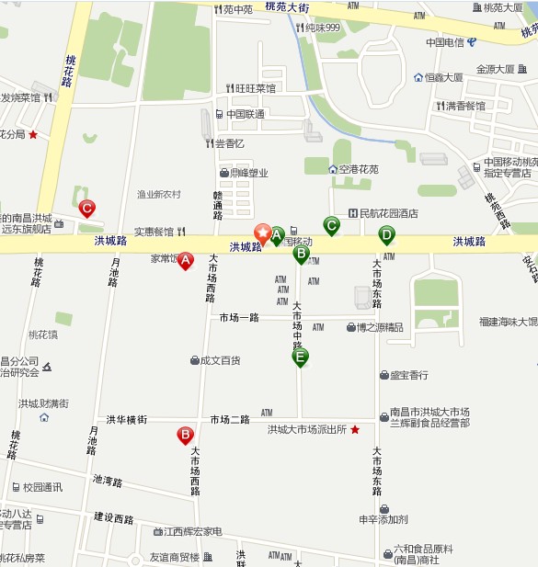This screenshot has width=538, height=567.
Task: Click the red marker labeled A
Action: click(x=185, y=260)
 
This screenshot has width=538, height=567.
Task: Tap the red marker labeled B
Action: click(x=185, y=435)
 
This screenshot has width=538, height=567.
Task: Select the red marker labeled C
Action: click(x=86, y=209)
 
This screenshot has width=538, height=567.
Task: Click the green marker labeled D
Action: click(x=386, y=234)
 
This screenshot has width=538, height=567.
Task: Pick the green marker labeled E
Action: click(x=300, y=357)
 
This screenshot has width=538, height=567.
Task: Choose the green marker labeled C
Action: click(x=331, y=224)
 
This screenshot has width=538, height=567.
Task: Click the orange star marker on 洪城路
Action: click(x=262, y=232)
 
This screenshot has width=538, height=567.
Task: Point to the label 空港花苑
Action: click(x=358, y=169)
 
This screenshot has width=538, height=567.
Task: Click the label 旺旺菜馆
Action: click(x=255, y=88)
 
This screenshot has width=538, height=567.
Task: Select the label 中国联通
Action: click(x=246, y=114)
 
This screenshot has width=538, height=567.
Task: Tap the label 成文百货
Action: click(x=221, y=360)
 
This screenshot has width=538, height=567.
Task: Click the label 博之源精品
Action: click(x=380, y=326)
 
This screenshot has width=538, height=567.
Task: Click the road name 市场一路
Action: click(x=239, y=317)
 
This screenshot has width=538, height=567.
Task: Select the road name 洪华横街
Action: click(x=126, y=420)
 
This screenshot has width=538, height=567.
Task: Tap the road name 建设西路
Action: click(x=113, y=518)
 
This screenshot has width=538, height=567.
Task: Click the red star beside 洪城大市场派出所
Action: click(x=355, y=429)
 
